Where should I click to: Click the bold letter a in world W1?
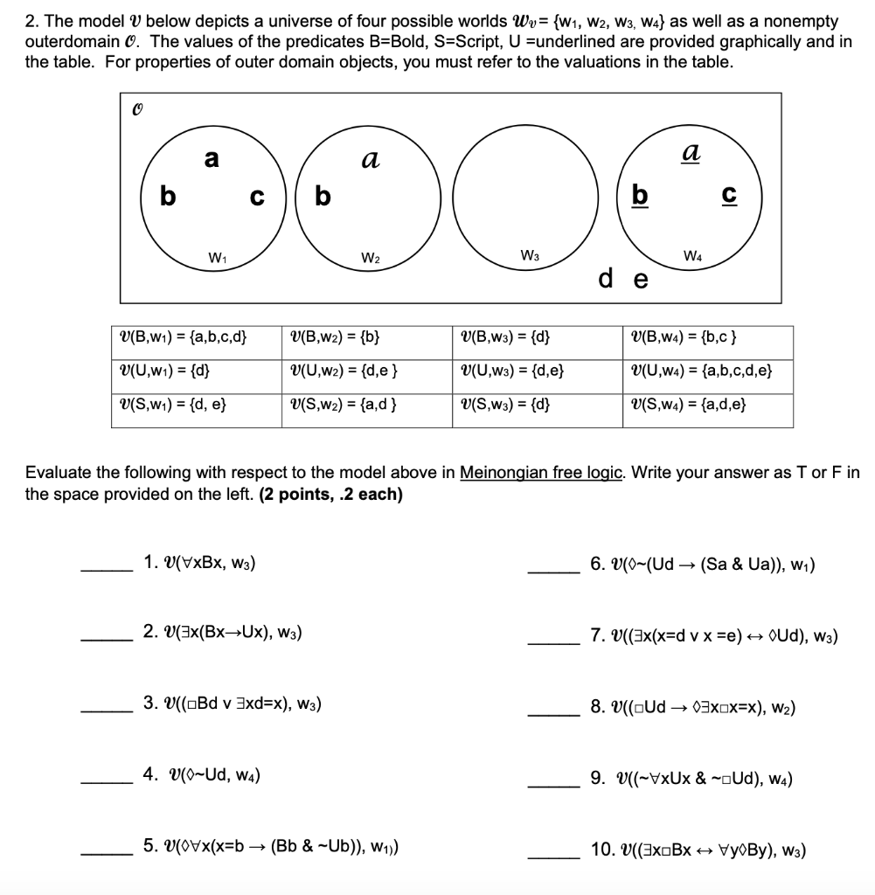[x=211, y=159]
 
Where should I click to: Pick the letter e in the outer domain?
[x=640, y=280]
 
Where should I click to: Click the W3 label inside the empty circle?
[x=529, y=257]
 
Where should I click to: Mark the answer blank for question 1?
[x=106, y=569]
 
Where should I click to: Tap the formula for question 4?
[x=201, y=774]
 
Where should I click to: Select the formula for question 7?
[x=714, y=635]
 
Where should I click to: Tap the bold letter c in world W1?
[x=256, y=197]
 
